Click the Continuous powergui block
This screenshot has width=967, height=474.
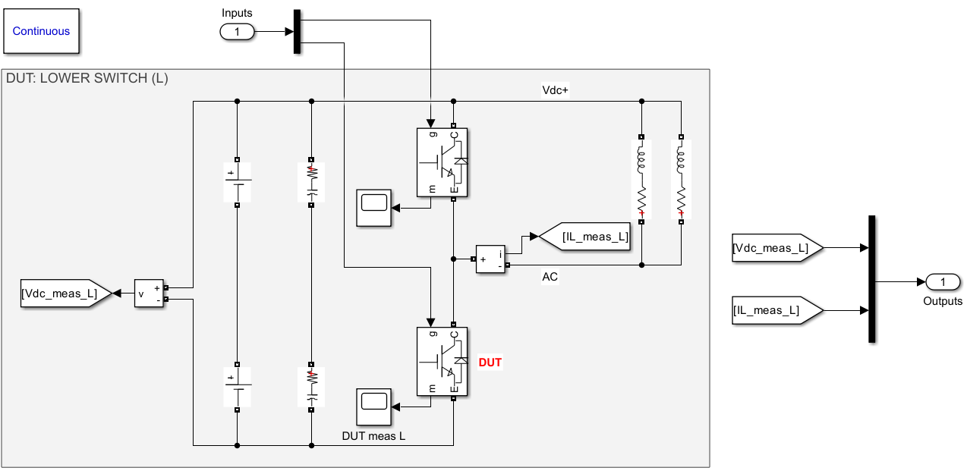(41, 31)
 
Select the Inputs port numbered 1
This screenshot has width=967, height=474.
(238, 32)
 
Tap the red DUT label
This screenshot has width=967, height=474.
(490, 363)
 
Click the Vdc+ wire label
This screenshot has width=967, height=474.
(555, 89)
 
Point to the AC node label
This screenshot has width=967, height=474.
(550, 277)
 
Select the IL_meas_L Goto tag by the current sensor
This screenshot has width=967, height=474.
(585, 237)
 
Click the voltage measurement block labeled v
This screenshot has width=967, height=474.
(149, 294)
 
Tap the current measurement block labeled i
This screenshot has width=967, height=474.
(490, 259)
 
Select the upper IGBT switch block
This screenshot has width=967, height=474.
(442, 162)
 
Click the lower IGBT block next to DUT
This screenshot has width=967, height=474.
(442, 361)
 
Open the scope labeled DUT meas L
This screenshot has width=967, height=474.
(373, 408)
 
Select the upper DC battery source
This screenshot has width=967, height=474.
(238, 182)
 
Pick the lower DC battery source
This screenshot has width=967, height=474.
(238, 387)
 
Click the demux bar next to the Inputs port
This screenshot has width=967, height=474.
(297, 32)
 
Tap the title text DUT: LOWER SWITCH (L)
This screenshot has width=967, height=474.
(87, 78)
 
